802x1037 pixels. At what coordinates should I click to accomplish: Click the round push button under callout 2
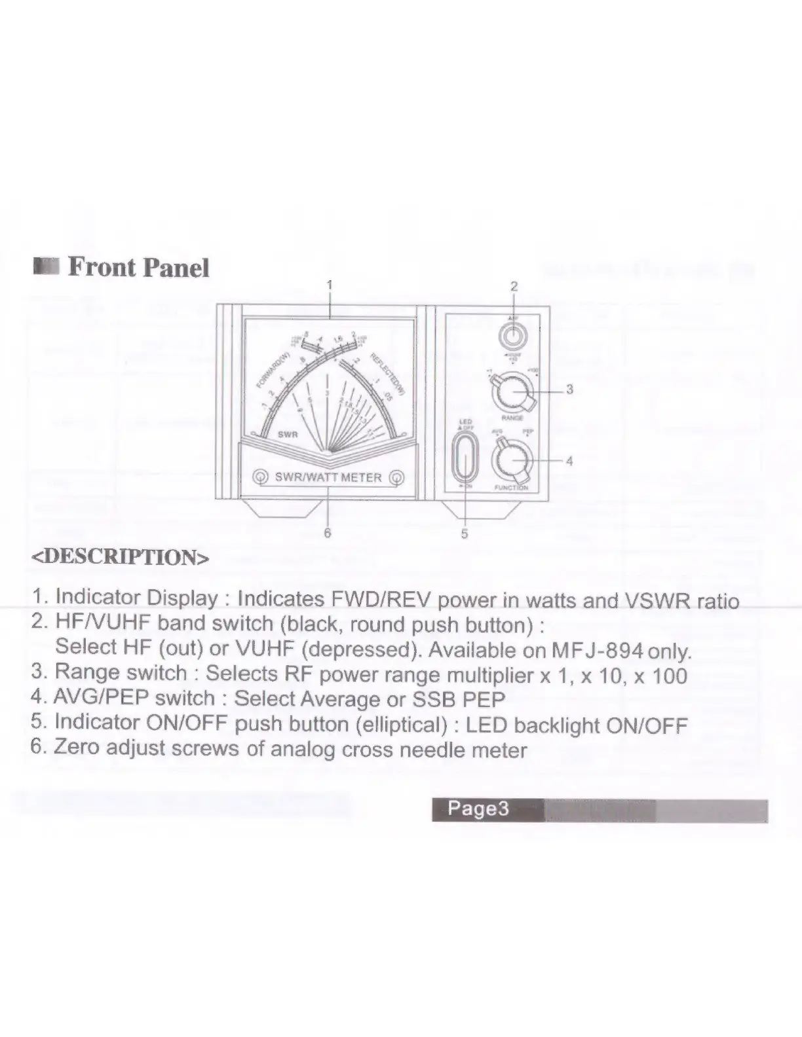(x=513, y=337)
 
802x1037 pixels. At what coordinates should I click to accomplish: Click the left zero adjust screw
(x=261, y=477)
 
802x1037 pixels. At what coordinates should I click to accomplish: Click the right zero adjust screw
(x=396, y=477)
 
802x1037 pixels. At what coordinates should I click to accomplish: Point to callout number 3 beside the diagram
(x=569, y=390)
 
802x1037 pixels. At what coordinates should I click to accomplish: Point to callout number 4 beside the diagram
(x=569, y=461)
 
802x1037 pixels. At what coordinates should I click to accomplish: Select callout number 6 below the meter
(x=328, y=533)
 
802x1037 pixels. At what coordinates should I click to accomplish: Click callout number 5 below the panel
(x=465, y=534)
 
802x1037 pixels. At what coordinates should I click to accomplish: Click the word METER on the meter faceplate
(x=361, y=477)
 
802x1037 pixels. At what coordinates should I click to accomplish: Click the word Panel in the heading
(x=176, y=268)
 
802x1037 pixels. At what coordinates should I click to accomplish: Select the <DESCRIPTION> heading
(x=121, y=557)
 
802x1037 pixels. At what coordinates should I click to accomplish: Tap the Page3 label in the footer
(x=478, y=809)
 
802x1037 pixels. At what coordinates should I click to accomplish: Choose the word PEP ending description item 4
(x=484, y=699)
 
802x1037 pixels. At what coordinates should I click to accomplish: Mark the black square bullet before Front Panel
(x=47, y=267)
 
